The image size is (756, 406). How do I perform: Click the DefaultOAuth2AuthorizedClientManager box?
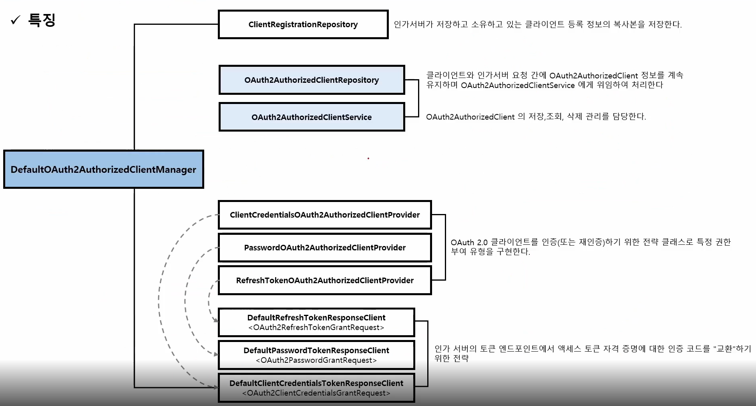tap(103, 169)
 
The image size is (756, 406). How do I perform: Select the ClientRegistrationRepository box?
tap(303, 24)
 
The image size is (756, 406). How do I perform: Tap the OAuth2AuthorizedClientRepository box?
tap(312, 80)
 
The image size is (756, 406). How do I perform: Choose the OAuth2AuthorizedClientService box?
tap(312, 117)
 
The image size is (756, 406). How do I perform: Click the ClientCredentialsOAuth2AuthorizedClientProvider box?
tap(325, 215)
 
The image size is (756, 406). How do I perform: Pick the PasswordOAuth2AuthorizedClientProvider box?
tap(325, 248)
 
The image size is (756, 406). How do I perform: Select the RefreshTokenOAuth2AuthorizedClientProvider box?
tap(325, 280)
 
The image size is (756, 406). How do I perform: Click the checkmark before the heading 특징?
tap(15, 20)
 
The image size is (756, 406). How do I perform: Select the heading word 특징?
tap(42, 20)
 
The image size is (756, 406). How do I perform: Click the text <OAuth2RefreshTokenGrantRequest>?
tap(316, 328)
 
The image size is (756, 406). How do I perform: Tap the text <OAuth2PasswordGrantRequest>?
tap(316, 360)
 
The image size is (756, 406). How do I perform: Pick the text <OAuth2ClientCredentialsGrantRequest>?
tap(316, 393)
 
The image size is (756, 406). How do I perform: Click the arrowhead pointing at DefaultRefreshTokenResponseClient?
tap(216, 320)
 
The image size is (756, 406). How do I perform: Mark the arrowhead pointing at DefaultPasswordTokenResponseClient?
tap(216, 354)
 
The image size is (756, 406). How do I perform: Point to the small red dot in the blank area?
tap(368, 158)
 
